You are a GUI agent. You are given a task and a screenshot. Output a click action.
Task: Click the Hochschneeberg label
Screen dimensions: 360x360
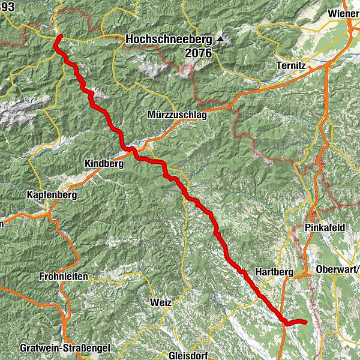[x=169, y=40]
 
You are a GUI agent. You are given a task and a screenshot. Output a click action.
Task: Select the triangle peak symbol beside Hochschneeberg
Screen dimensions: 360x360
[x=220, y=40]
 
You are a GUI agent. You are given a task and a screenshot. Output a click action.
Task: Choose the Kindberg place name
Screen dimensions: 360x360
[x=104, y=163]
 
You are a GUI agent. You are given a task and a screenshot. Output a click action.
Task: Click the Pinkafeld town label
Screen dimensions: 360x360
[x=325, y=229]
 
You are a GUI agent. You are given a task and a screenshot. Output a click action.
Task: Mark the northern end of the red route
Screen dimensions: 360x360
[x=60, y=37]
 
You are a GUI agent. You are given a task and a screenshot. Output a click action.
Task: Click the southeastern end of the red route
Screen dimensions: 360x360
[x=306, y=322]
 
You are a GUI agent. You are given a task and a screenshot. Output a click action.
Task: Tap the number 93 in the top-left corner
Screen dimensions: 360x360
[x=7, y=6]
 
